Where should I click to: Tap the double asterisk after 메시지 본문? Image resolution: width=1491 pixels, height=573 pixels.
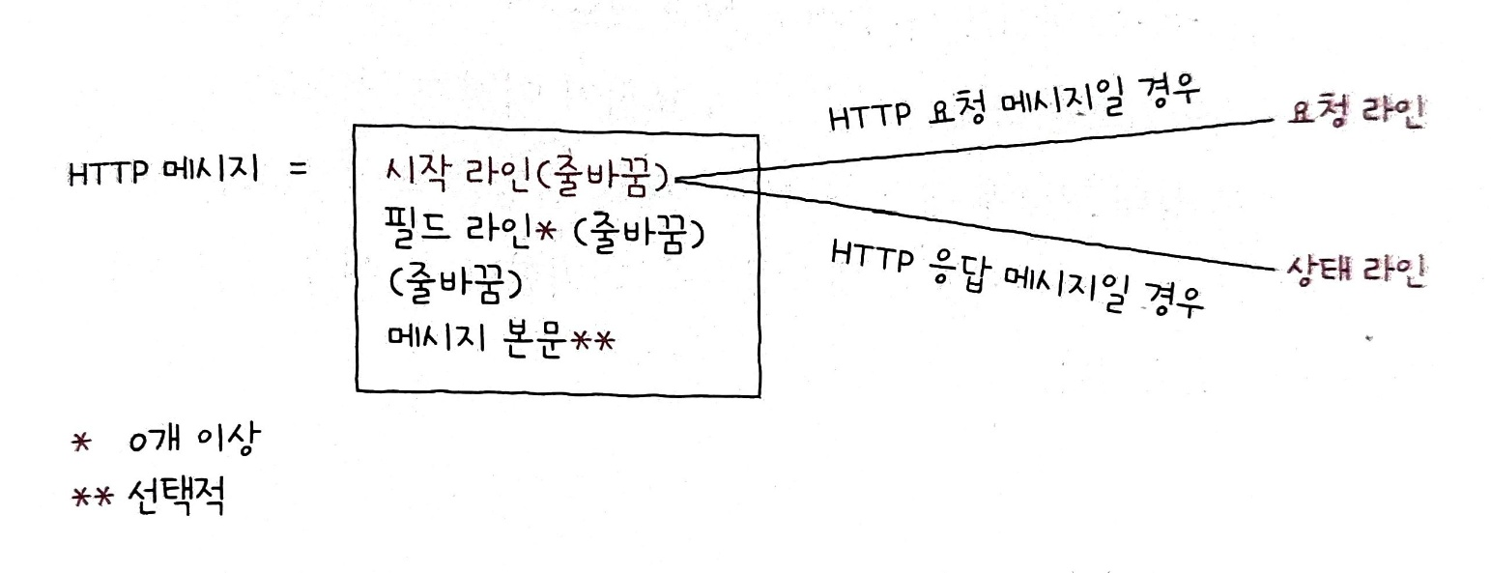pos(591,340)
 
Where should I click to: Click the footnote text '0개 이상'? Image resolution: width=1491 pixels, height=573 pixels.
pos(194,442)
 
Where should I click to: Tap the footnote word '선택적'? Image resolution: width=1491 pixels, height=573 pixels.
pos(176,498)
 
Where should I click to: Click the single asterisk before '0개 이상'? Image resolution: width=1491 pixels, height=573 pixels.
pos(82,443)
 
